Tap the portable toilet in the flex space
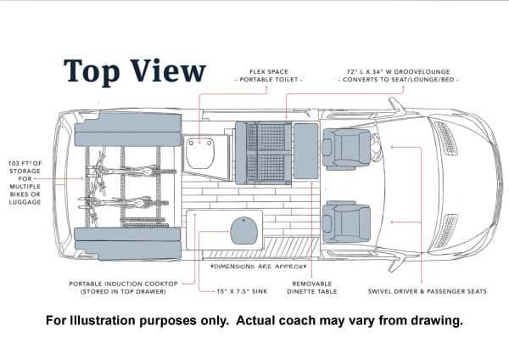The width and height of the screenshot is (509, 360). point(200,152)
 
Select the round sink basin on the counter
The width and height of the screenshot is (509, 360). point(243,230)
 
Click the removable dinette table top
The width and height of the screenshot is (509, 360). point(305,151)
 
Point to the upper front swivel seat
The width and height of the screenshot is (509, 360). point(346,149)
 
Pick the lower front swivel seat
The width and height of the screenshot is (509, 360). point(346,222)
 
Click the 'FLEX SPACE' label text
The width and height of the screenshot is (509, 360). point(269,72)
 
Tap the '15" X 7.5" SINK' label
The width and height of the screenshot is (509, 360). point(242,291)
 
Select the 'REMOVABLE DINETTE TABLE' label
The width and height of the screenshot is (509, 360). point(312,288)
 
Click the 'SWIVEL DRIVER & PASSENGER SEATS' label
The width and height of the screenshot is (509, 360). point(428,291)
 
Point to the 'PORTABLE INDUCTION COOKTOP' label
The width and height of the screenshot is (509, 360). point(123,284)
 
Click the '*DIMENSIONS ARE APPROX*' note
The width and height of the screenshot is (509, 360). point(259,267)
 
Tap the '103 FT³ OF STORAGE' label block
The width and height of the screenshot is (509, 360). point(25,183)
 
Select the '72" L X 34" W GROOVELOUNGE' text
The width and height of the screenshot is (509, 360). point(399,72)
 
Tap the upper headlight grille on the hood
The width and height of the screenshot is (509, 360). point(446,138)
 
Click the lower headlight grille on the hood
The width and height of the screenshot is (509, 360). point(446,231)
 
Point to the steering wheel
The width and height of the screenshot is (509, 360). point(376,148)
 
